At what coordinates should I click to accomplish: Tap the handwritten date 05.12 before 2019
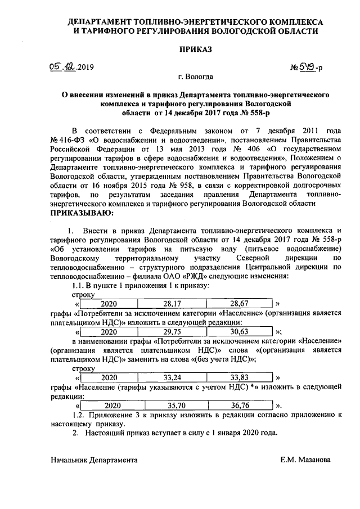click(x=62, y=67)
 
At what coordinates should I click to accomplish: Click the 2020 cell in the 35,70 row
click(x=109, y=405)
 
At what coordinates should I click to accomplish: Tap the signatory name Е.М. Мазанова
click(x=305, y=460)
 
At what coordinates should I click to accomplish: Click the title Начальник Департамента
click(x=94, y=460)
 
